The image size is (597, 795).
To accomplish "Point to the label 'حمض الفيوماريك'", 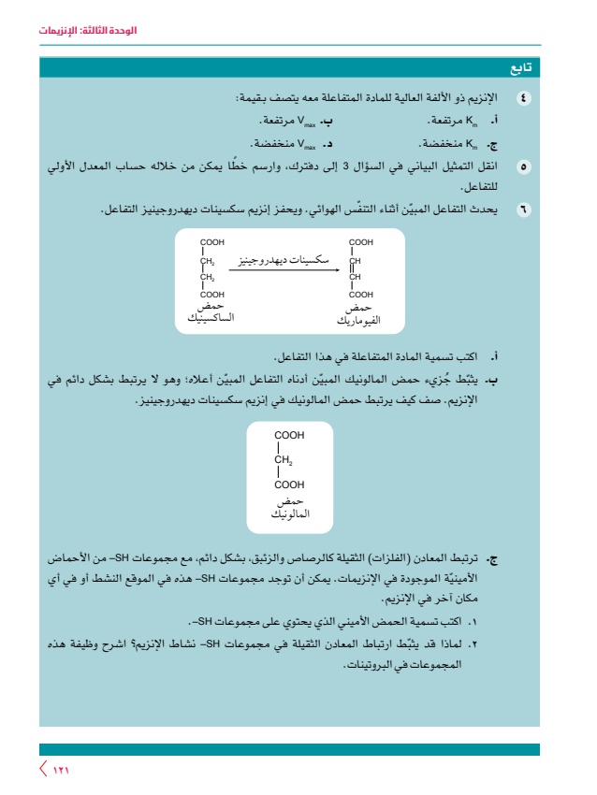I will tap(358, 313).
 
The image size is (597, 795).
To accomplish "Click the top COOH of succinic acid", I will tap(212, 242).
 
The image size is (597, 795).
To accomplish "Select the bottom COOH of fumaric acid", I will tap(360, 294).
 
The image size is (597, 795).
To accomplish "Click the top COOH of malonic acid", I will tap(289, 435).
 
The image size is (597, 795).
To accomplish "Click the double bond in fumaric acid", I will tap(352, 268).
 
